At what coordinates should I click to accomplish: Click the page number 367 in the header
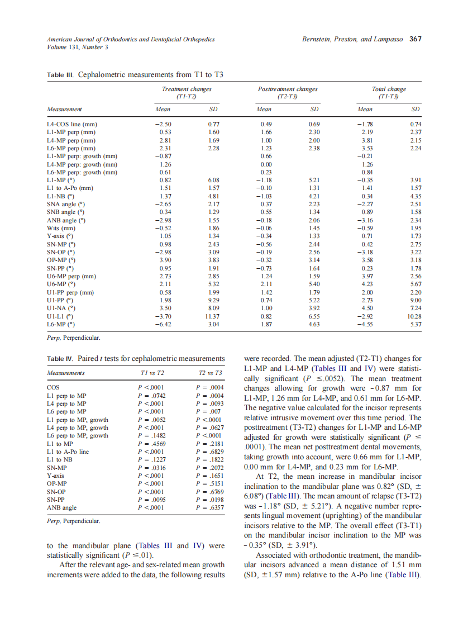[x=415, y=39]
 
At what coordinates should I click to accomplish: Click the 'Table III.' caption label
[x=60, y=75]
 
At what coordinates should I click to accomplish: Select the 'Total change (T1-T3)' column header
[x=389, y=93]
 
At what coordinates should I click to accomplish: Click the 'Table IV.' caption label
[x=60, y=358]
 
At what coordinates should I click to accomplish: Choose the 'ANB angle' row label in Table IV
[x=63, y=507]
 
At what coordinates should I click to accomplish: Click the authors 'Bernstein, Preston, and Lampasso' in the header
[x=353, y=39]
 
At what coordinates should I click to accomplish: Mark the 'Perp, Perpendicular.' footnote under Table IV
[x=73, y=521]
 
